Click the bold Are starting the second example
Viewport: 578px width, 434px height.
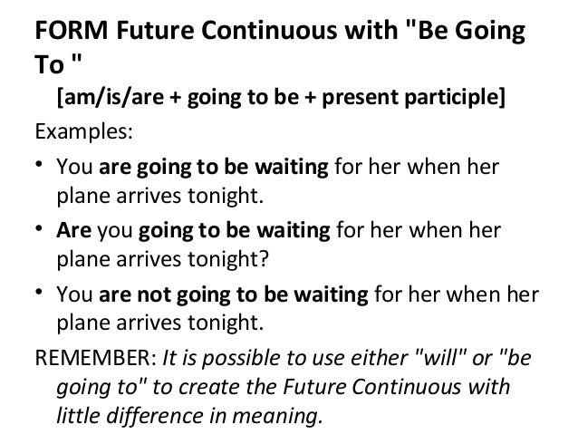(72, 231)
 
